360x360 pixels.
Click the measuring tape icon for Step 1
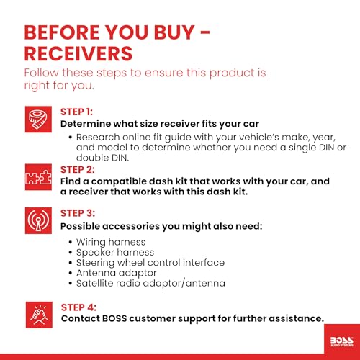(38, 120)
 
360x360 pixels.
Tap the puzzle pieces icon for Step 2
(38, 177)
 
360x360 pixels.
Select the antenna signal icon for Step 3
(38, 220)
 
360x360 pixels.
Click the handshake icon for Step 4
(39, 315)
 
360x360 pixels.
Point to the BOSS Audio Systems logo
(342, 341)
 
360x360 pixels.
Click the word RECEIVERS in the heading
(78, 53)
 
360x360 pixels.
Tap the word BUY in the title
(174, 32)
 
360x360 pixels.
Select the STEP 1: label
(76, 112)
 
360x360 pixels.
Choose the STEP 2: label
(78, 170)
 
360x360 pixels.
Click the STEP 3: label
(78, 213)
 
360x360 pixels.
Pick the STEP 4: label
(78, 307)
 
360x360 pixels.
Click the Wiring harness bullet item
(111, 242)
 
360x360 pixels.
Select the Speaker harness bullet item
(115, 253)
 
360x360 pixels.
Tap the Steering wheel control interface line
(150, 263)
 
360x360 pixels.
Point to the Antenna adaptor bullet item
(117, 273)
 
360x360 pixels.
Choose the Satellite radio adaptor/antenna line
(150, 283)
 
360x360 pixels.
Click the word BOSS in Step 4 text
(114, 318)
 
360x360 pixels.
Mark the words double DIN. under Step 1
(102, 158)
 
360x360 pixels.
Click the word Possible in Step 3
(80, 226)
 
